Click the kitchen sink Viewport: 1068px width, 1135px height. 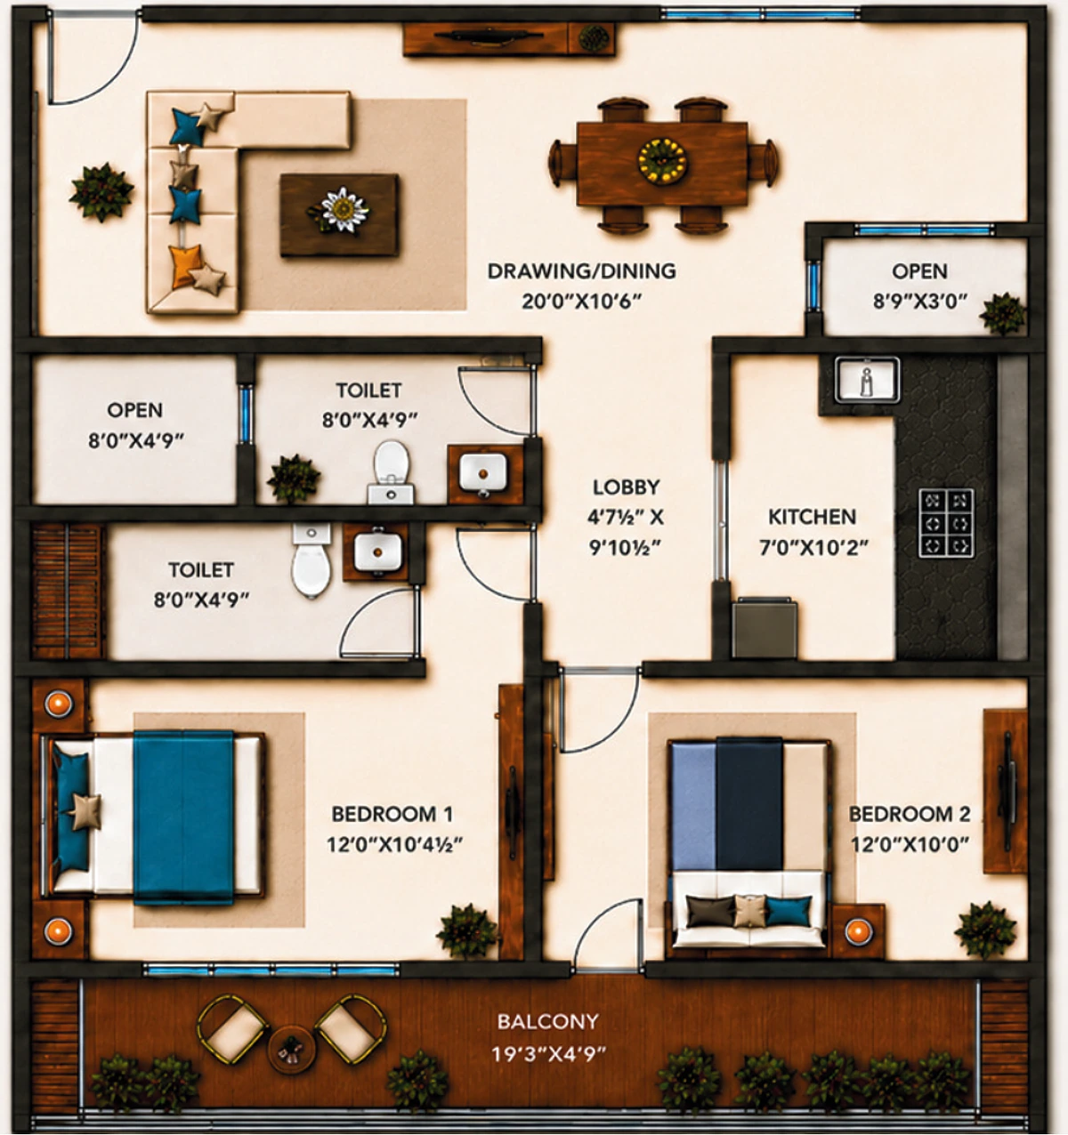click(867, 380)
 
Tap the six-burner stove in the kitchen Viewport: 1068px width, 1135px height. click(947, 523)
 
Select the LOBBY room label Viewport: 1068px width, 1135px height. click(626, 487)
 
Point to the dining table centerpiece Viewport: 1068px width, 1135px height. click(662, 162)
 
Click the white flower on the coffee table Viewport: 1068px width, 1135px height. click(344, 209)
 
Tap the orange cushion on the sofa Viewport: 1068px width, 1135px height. click(185, 266)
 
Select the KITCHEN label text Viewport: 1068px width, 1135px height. click(812, 517)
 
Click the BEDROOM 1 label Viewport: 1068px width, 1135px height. click(392, 814)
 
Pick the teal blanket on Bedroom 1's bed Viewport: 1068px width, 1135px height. click(183, 817)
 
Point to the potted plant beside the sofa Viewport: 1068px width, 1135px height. click(101, 192)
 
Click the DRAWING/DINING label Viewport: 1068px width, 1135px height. click(581, 271)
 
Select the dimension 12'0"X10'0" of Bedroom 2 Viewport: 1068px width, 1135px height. click(910, 844)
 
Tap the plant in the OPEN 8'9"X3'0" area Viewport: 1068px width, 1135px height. click(1002, 313)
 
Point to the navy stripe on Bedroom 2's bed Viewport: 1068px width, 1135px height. click(748, 805)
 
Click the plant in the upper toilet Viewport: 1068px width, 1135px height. click(294, 479)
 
